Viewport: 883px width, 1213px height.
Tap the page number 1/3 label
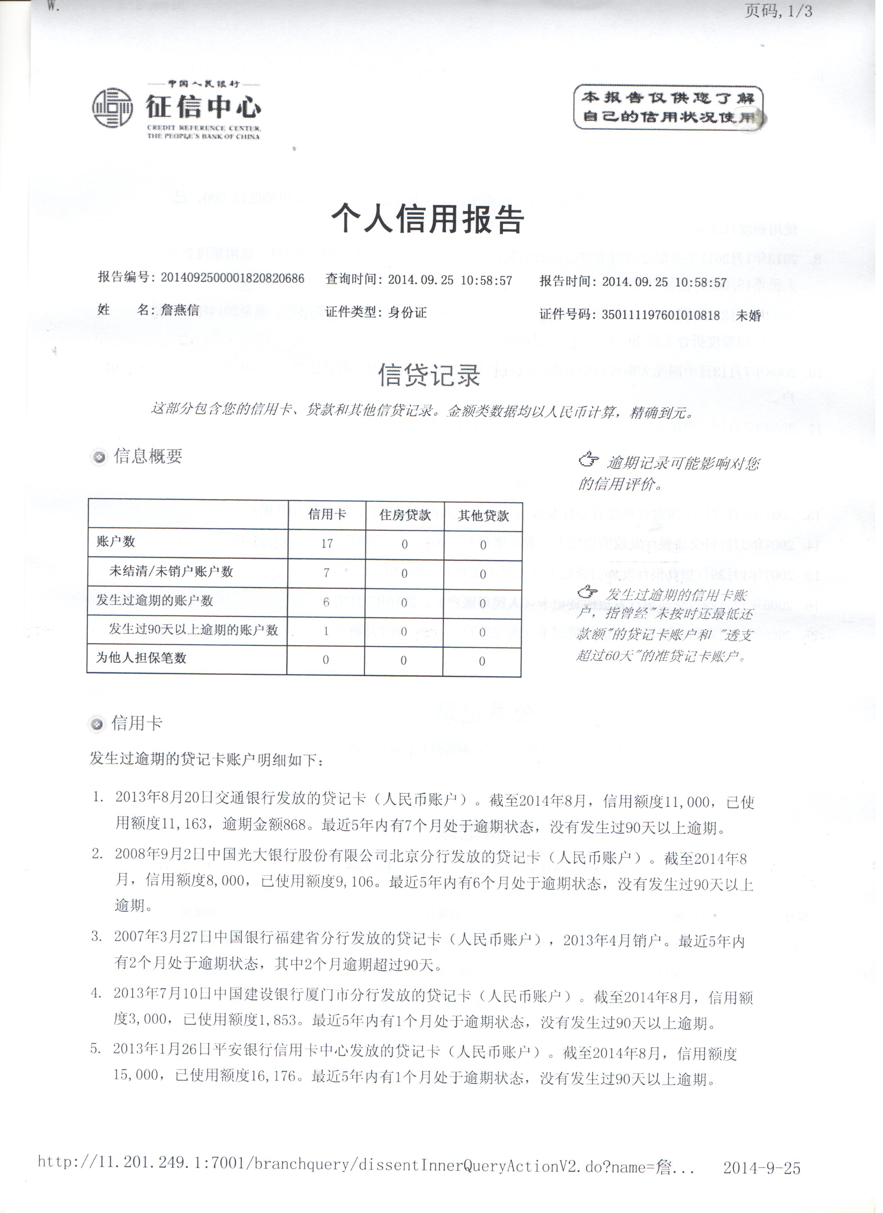pyautogui.click(x=779, y=12)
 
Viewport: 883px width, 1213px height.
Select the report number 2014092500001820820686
pyautogui.click(x=232, y=279)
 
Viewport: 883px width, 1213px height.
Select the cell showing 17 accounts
pyautogui.click(x=327, y=544)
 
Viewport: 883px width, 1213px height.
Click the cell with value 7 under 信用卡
pyautogui.click(x=327, y=573)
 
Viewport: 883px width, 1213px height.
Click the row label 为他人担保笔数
pyautogui.click(x=141, y=658)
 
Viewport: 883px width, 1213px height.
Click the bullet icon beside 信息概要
pyautogui.click(x=99, y=457)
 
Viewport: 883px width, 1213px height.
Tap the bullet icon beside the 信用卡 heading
pyautogui.click(x=97, y=725)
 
